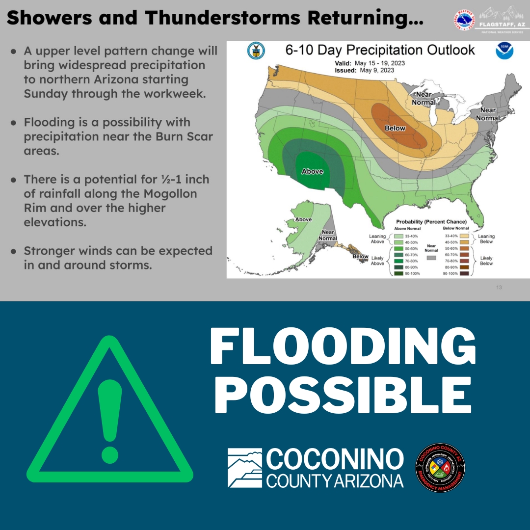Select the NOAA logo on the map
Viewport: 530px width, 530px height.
(504, 51)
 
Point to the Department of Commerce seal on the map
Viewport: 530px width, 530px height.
(256, 51)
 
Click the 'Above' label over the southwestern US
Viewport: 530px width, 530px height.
(312, 171)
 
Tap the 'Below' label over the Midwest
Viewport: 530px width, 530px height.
(395, 128)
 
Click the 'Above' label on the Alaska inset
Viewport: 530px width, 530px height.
(303, 219)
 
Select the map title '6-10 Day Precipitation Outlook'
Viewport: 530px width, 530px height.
(380, 50)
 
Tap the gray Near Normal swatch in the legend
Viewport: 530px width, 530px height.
(431, 257)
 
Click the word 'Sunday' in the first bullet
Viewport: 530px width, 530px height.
(46, 93)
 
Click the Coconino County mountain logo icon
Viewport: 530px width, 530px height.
(244, 468)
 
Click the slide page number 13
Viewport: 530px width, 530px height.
(499, 288)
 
